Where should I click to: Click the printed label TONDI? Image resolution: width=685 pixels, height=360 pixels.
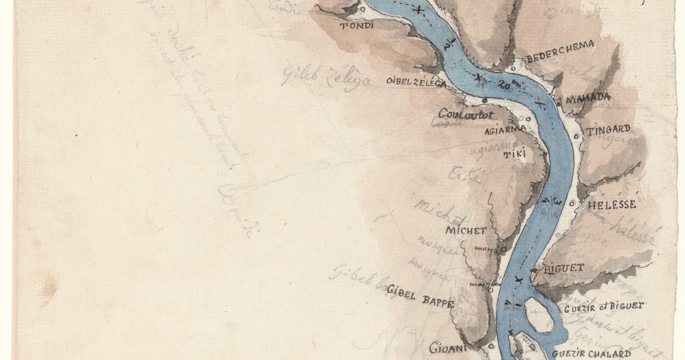[x=357, y=27]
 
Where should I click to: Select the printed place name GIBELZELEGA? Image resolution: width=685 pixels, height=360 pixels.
[x=415, y=82]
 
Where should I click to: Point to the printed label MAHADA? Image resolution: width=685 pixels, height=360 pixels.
[x=588, y=98]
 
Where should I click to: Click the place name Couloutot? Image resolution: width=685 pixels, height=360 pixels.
[x=462, y=114]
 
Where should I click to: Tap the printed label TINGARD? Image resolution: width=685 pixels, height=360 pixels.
[x=608, y=130]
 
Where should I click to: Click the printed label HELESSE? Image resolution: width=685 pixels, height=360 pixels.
[x=611, y=204]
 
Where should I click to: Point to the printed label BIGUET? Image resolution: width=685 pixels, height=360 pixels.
[x=565, y=268]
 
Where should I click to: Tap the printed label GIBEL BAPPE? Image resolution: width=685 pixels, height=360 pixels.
[x=420, y=302]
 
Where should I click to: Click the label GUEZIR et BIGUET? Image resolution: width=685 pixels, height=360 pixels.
[x=603, y=306]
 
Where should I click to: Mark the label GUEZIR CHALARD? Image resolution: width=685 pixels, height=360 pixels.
[x=593, y=354]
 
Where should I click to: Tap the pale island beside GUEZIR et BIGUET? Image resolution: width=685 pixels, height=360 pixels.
[x=539, y=315]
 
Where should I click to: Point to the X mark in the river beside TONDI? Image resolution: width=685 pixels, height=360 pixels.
[x=418, y=11]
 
